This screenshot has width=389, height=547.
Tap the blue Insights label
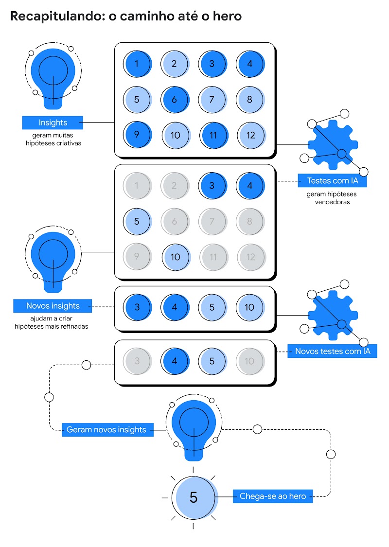(x=53, y=123)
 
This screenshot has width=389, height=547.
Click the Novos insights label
(x=53, y=306)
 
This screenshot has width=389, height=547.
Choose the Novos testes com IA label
(x=332, y=351)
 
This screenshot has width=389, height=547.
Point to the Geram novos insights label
(x=106, y=430)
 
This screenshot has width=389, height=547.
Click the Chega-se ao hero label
(x=273, y=496)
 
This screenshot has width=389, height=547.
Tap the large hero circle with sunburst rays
(x=194, y=497)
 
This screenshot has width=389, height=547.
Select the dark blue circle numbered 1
(x=137, y=63)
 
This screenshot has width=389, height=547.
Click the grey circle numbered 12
(x=251, y=256)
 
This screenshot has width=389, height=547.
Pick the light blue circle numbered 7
(x=212, y=99)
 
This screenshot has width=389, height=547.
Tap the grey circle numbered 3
(x=137, y=361)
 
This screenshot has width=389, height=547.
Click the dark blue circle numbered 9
(x=137, y=135)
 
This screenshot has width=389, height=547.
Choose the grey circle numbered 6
(x=175, y=221)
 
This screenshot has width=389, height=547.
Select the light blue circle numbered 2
(x=175, y=63)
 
